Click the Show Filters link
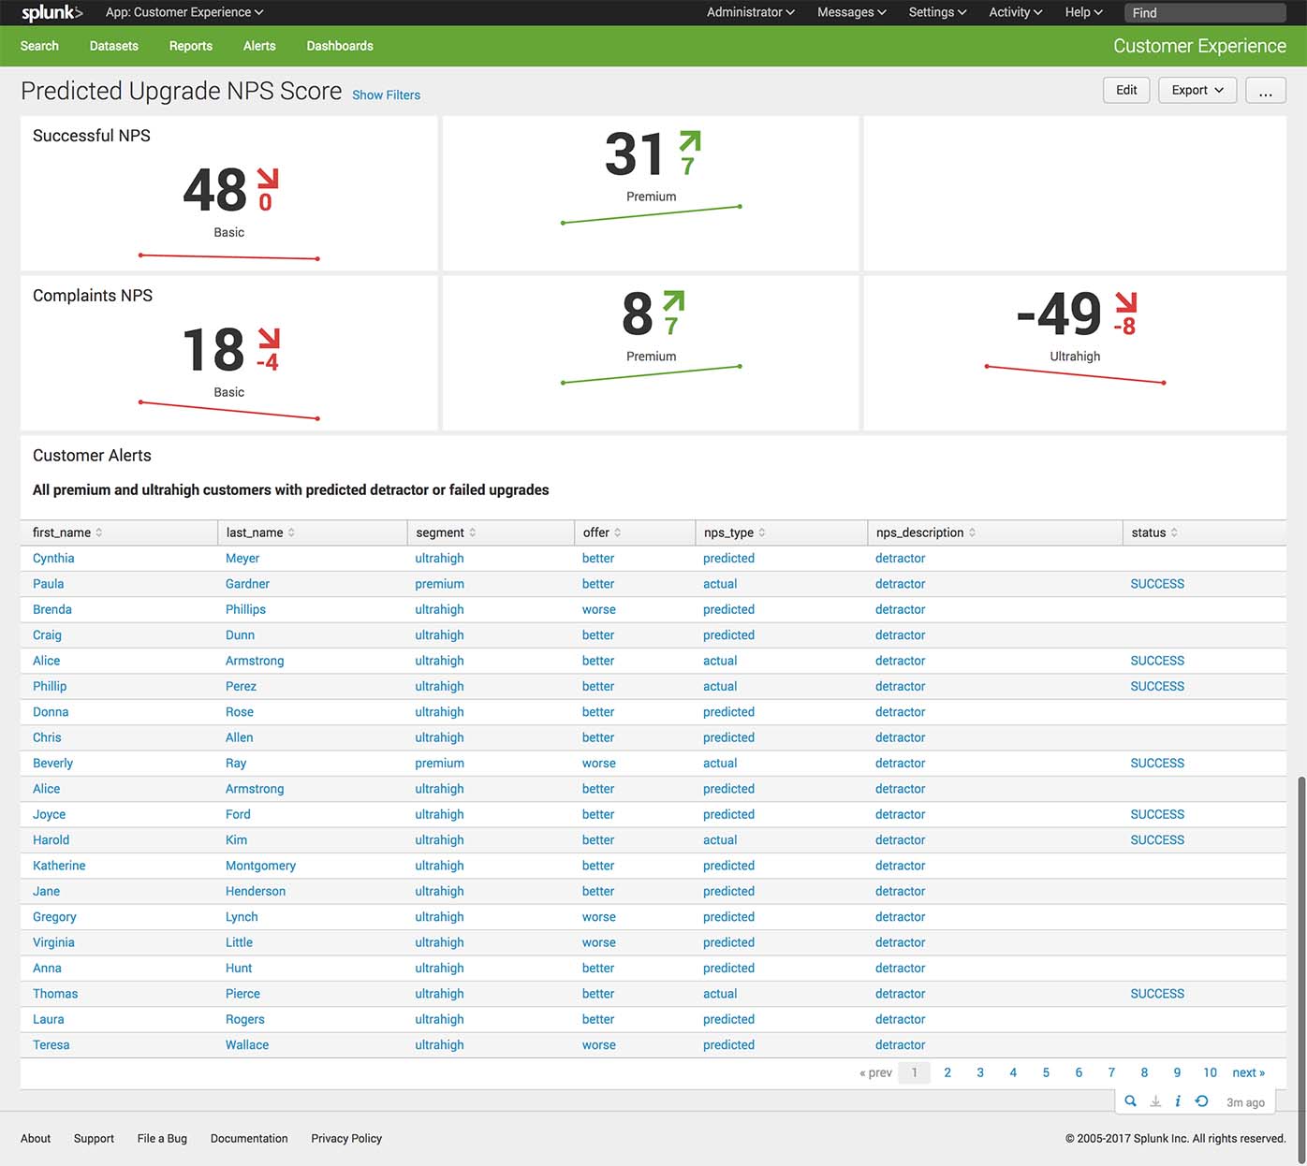tap(386, 95)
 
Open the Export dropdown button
tap(1197, 90)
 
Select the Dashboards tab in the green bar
tap(339, 46)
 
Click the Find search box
tap(1204, 13)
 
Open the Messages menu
tap(851, 12)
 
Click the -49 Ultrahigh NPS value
tap(1059, 314)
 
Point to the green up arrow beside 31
tap(689, 142)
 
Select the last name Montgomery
tap(260, 866)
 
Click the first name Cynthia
tap(53, 559)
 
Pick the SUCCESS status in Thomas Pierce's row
tap(1157, 994)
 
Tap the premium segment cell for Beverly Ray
tap(439, 764)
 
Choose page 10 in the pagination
tap(1210, 1072)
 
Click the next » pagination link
tap(1248, 1072)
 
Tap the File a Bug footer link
tap(162, 1139)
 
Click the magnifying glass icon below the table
tap(1130, 1101)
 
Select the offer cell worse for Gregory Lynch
tap(598, 917)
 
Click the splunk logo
tap(51, 12)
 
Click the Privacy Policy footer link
tap(346, 1139)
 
